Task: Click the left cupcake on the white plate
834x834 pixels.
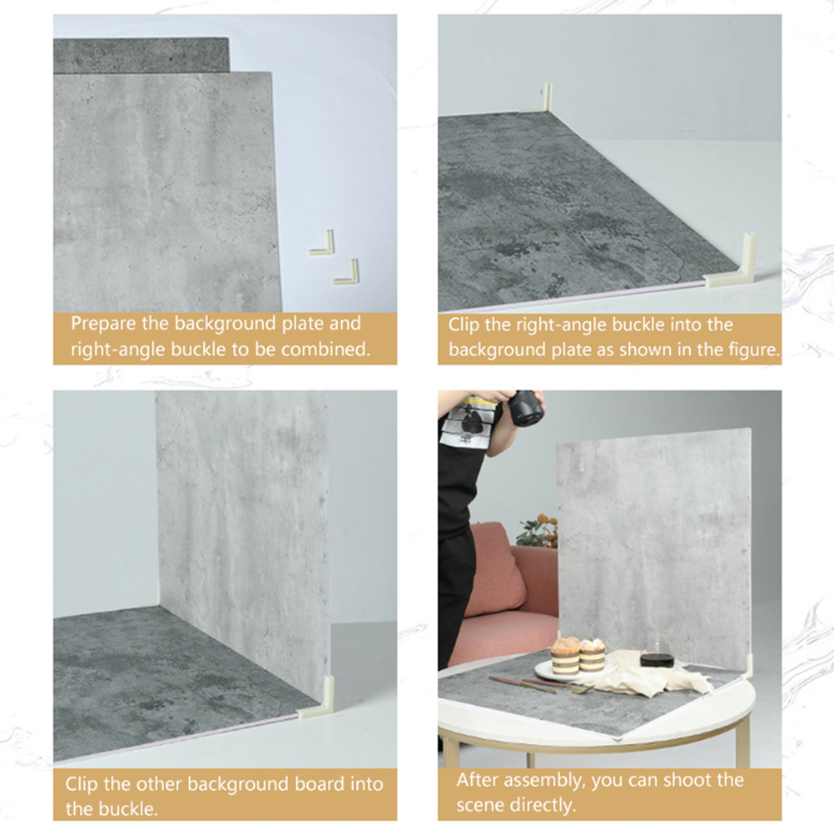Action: click(564, 656)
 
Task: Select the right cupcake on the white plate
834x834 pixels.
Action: click(592, 655)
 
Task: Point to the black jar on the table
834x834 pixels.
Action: click(657, 658)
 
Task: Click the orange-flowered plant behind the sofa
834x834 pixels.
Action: click(538, 530)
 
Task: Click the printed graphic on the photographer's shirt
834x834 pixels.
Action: click(470, 422)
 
